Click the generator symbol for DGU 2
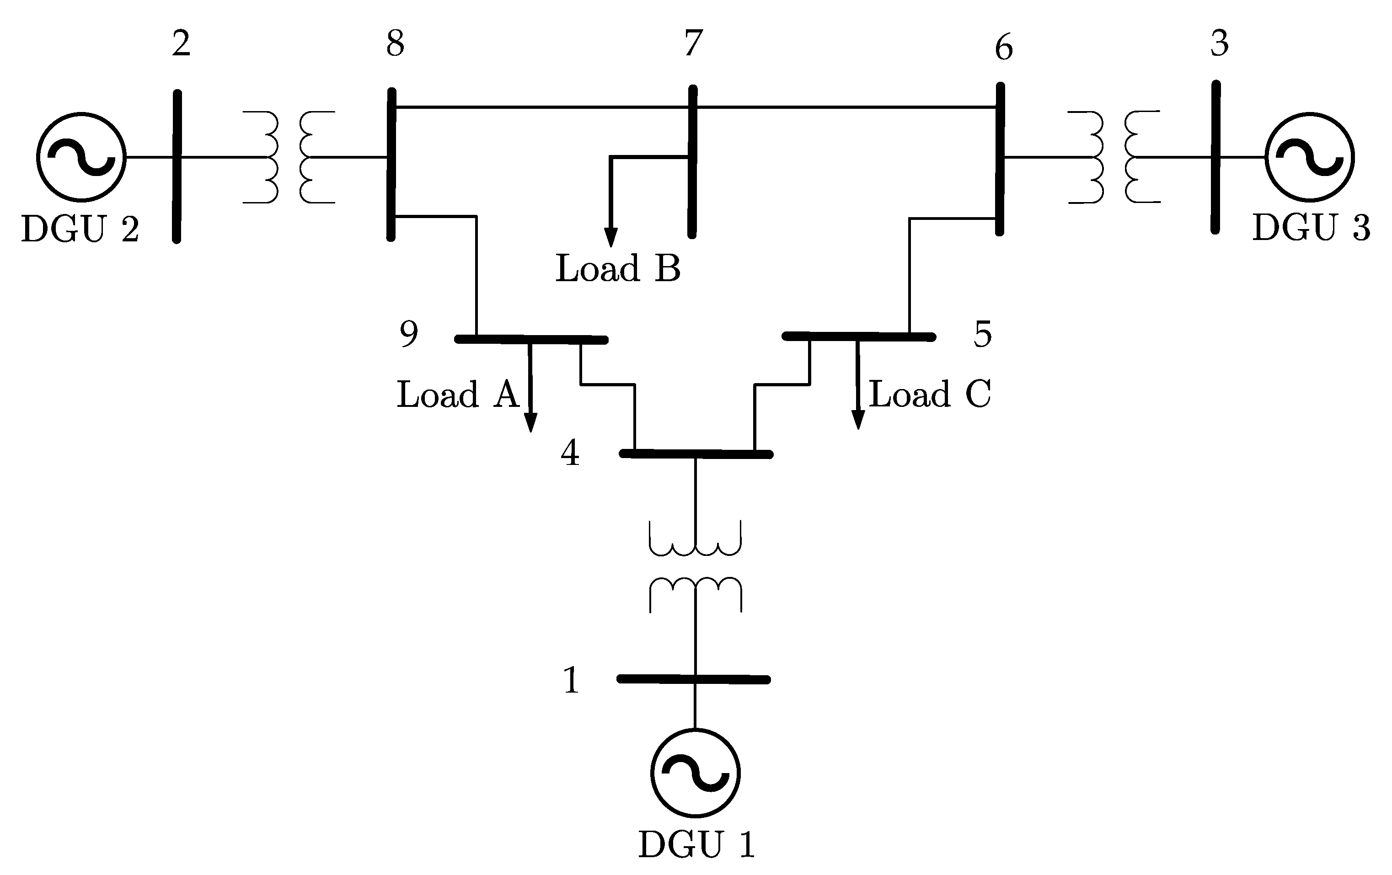(x=81, y=157)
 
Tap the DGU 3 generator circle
(x=1309, y=157)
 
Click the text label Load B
(x=618, y=269)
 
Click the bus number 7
(x=693, y=43)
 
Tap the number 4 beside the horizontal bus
(x=570, y=453)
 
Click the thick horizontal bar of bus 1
(x=694, y=679)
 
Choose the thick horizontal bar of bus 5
(x=858, y=336)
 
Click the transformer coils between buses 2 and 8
(x=289, y=157)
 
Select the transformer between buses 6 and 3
(x=1114, y=157)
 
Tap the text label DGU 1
(x=696, y=844)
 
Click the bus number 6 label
(x=1004, y=48)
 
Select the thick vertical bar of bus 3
(x=1215, y=157)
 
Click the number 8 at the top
(x=396, y=43)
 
